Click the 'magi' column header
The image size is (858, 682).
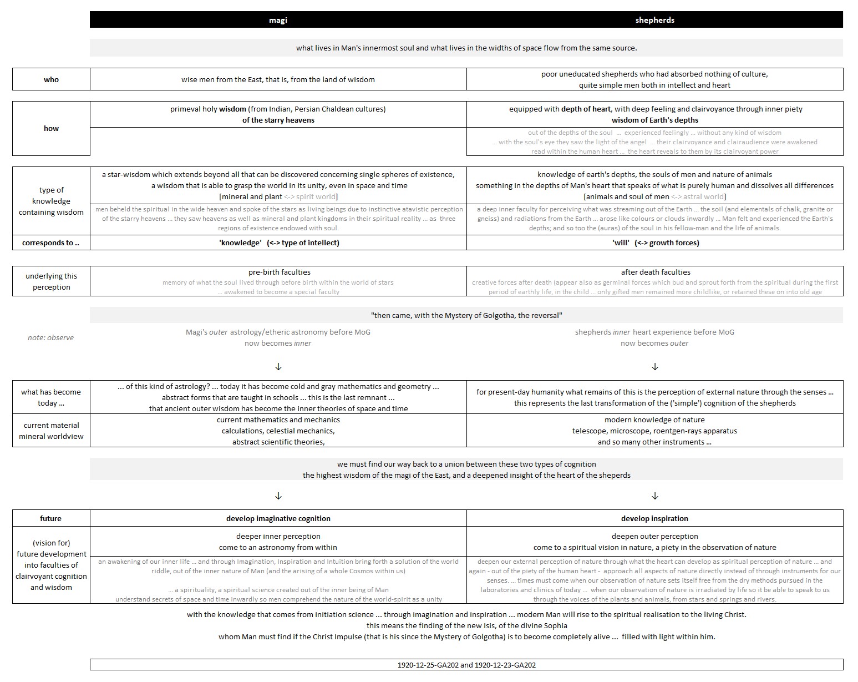click(278, 20)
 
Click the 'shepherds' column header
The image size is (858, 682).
click(654, 20)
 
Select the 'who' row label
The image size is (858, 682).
click(51, 79)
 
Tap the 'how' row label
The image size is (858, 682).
click(51, 128)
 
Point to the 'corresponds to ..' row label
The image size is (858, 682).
click(51, 243)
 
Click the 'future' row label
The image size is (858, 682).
click(51, 518)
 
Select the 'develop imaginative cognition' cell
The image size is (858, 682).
click(278, 518)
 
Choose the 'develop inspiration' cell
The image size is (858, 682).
click(654, 518)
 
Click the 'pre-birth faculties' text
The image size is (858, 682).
click(279, 272)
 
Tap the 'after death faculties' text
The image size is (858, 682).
click(656, 272)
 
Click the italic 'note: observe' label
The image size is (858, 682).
click(51, 337)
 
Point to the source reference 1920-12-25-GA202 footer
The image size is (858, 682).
click(466, 665)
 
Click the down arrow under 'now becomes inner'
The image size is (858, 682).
click(278, 367)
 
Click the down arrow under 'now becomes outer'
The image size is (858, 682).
click(655, 367)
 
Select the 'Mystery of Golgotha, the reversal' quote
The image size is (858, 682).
click(466, 315)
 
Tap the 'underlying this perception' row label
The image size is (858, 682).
click(51, 281)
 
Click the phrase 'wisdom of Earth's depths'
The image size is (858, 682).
click(654, 120)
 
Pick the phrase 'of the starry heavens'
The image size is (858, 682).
click(278, 120)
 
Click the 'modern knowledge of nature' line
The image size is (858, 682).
click(654, 420)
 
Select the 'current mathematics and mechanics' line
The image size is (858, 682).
click(278, 420)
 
